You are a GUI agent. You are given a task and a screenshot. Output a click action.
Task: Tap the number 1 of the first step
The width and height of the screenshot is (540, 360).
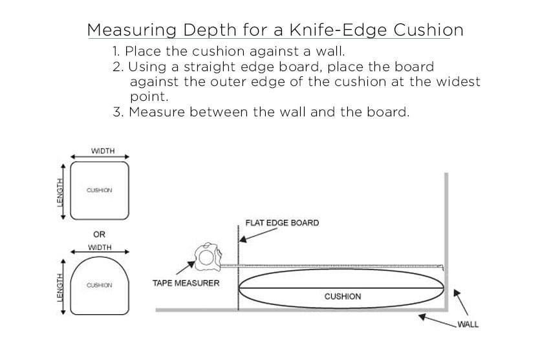116,51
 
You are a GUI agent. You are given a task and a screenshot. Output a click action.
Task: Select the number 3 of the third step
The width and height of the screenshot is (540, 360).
117,112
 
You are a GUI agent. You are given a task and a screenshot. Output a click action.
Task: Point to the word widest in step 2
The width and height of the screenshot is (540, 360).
455,82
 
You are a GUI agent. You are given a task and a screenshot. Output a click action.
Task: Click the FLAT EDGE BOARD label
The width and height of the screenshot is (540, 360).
282,223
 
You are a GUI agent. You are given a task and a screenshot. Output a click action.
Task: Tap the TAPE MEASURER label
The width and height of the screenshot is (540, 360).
186,283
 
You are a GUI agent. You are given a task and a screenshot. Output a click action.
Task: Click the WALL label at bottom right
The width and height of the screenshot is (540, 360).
467,324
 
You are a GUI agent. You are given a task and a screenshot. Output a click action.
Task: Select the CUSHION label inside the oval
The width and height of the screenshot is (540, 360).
343,297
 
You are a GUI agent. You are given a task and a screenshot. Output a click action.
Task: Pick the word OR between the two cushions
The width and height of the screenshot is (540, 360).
100,234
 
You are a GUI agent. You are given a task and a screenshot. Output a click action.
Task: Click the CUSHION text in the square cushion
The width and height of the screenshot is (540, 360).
99,191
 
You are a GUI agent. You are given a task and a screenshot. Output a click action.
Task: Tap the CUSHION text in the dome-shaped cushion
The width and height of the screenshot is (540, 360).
99,285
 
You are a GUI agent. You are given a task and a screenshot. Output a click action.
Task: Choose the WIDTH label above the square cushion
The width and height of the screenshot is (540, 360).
103,151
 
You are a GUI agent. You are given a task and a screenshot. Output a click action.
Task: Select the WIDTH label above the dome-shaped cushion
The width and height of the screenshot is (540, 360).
100,247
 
